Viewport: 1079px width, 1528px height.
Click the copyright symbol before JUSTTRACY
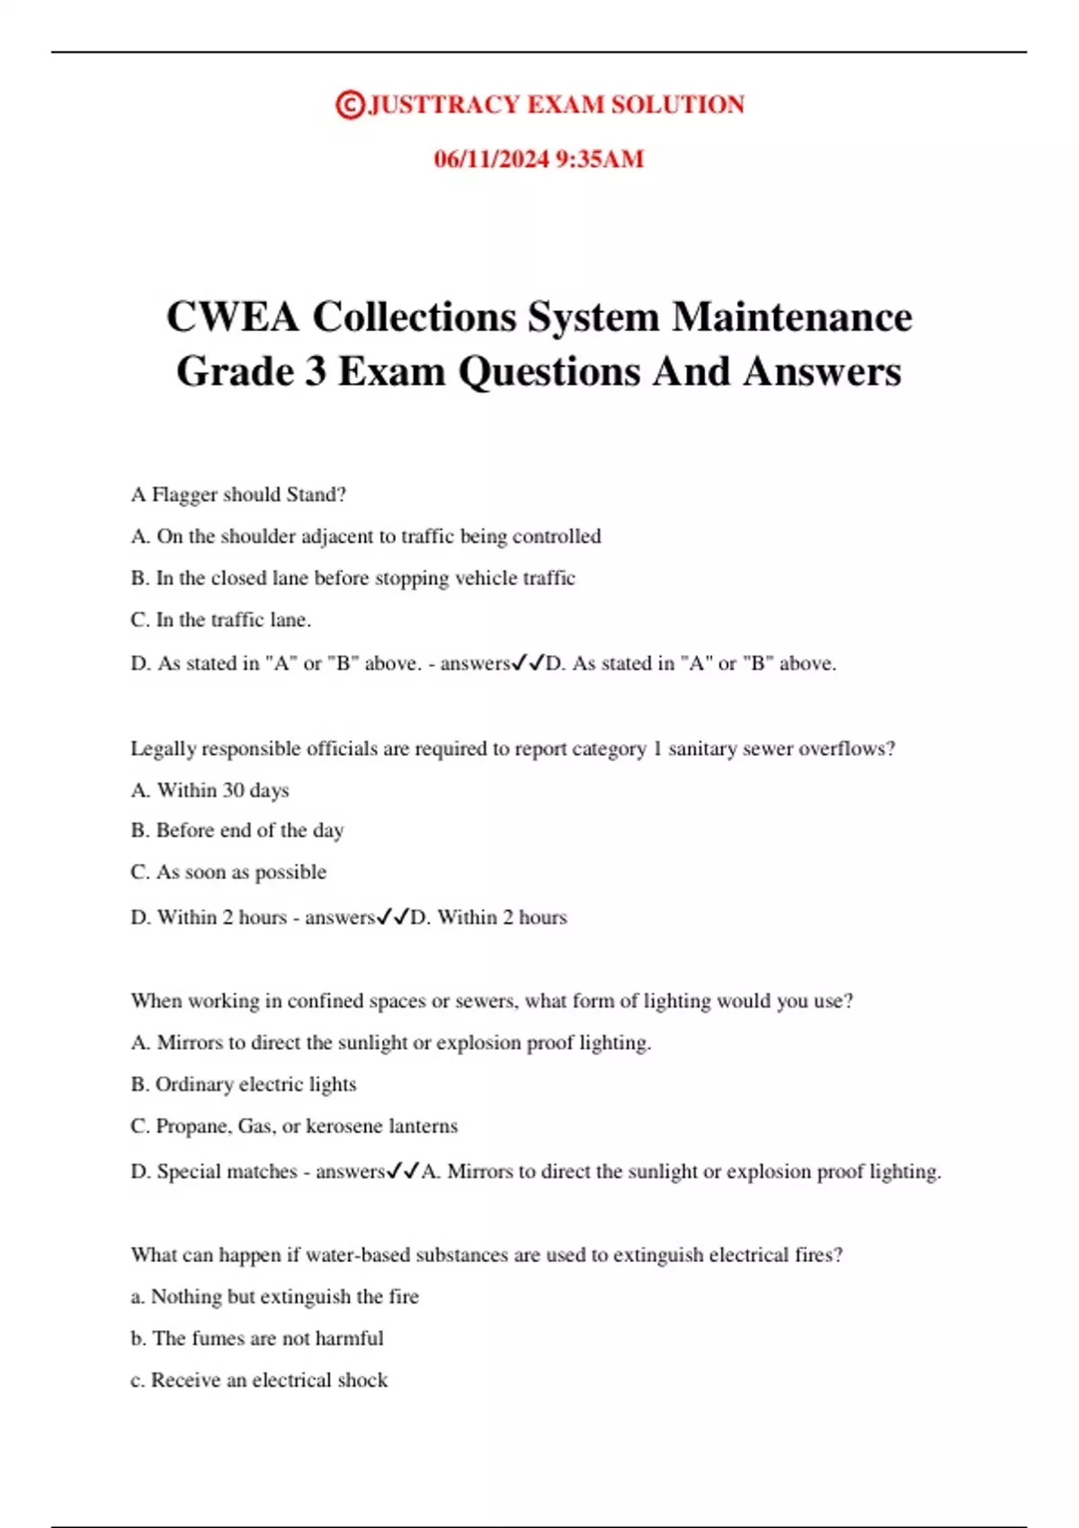click(349, 105)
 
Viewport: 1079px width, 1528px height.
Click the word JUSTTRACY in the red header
click(443, 105)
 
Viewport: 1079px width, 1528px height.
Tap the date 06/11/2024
click(491, 159)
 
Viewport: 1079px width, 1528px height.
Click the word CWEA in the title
click(232, 317)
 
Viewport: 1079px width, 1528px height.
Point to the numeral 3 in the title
click(315, 371)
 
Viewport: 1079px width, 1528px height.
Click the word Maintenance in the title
click(792, 317)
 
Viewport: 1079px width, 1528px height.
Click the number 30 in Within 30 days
click(233, 790)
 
